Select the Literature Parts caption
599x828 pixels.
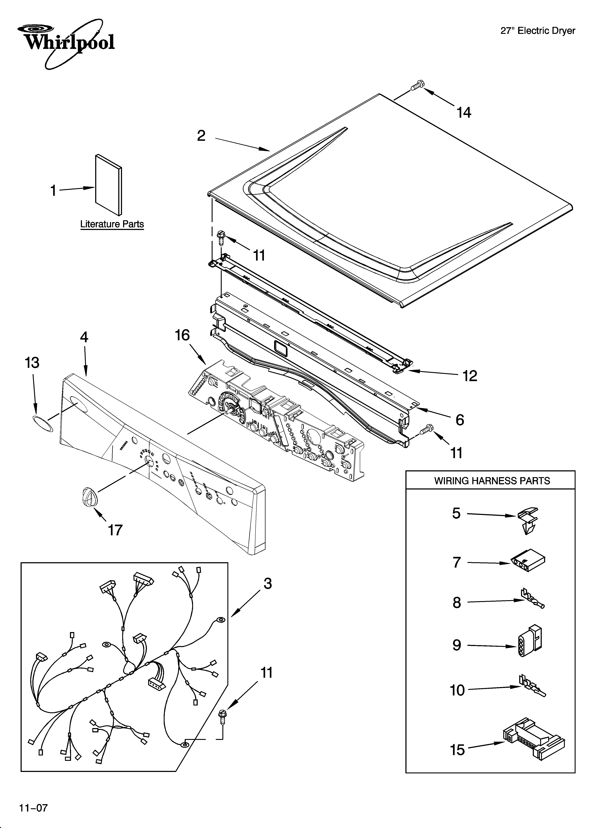pyautogui.click(x=112, y=224)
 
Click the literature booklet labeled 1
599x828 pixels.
pyautogui.click(x=108, y=185)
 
